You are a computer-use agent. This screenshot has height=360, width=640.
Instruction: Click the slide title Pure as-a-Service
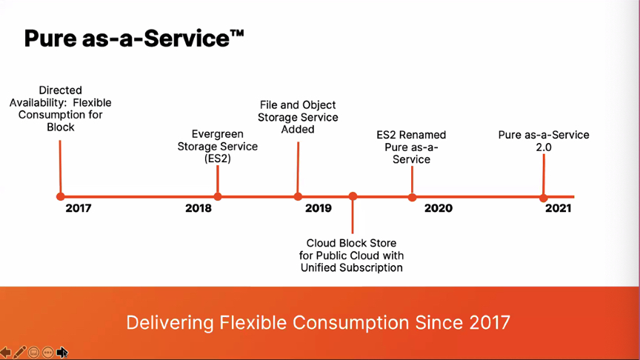pyautogui.click(x=134, y=39)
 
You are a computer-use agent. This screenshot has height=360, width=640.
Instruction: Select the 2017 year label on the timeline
pyautogui.click(x=79, y=208)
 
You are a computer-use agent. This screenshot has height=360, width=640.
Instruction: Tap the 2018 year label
pyautogui.click(x=199, y=208)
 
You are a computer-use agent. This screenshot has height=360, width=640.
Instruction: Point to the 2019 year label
pyautogui.click(x=319, y=208)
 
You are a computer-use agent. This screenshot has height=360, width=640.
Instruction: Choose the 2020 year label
pyautogui.click(x=439, y=208)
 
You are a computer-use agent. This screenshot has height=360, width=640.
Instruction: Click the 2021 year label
pyautogui.click(x=558, y=208)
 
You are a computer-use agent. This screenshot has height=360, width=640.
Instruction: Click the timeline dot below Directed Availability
pyautogui.click(x=61, y=197)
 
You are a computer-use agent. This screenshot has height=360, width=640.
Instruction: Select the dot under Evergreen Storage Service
pyautogui.click(x=218, y=197)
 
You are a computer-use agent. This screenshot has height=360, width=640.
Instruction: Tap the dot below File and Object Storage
pyautogui.click(x=298, y=197)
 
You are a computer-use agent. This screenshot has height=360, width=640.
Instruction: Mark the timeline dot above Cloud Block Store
pyautogui.click(x=353, y=197)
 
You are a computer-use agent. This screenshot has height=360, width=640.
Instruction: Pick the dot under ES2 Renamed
pyautogui.click(x=413, y=198)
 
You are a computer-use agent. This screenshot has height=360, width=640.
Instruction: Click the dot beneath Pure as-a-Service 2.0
pyautogui.click(x=543, y=199)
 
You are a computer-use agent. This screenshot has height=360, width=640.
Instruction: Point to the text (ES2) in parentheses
pyautogui.click(x=218, y=159)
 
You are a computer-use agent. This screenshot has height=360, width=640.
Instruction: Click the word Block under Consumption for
pyautogui.click(x=61, y=127)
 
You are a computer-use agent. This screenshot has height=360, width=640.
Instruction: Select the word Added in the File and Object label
pyautogui.click(x=298, y=130)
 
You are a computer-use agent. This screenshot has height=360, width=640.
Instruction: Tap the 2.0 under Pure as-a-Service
pyautogui.click(x=544, y=147)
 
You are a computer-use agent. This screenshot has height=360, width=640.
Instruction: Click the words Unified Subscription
pyautogui.click(x=351, y=267)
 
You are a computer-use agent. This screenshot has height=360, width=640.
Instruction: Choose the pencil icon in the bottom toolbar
pyautogui.click(x=19, y=353)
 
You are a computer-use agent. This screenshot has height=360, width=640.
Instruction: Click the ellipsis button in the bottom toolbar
pyautogui.click(x=47, y=353)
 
